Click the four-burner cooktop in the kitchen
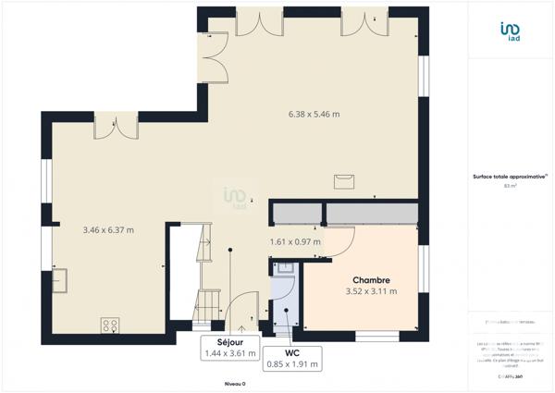110,325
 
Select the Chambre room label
370,279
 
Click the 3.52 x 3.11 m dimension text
370,291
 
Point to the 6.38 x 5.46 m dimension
314,115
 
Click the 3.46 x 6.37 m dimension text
109,229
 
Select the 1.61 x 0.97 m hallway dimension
295,242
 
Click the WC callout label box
291,358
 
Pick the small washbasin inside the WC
285,268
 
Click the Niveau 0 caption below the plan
235,383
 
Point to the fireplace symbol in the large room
345,178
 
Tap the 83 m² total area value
510,186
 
